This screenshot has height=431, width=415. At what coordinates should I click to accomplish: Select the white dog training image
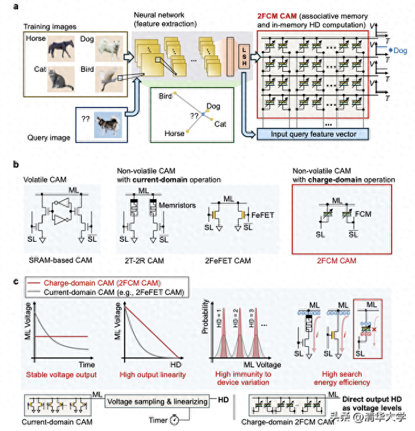click(106, 47)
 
